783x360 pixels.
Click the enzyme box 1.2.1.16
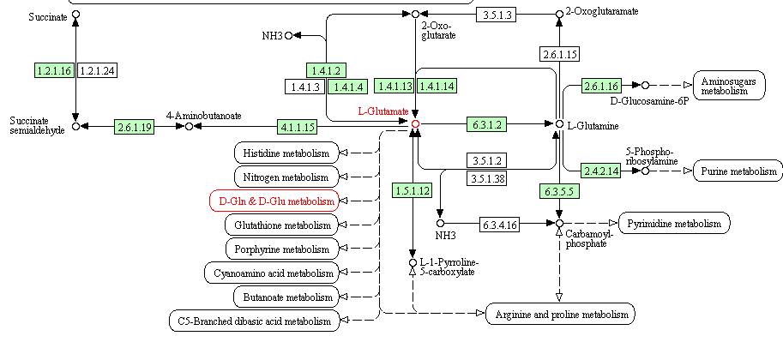55,69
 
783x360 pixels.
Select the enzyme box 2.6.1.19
136,127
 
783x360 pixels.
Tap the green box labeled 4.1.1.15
298,127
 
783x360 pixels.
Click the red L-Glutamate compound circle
415,124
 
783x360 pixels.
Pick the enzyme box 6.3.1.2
486,124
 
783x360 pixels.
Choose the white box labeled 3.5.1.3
498,15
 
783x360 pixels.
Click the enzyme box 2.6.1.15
559,55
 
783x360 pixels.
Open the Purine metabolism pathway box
737,171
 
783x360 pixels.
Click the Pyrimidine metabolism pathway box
674,223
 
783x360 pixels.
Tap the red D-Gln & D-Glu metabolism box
274,201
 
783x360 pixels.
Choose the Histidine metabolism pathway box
286,153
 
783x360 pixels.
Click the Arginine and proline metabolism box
561,315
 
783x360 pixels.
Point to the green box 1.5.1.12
413,189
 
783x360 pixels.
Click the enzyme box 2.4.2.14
600,171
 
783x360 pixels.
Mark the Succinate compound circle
75,15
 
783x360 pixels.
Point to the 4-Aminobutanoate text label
203,115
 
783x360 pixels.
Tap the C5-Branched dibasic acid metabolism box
254,321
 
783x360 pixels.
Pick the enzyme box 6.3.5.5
559,189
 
